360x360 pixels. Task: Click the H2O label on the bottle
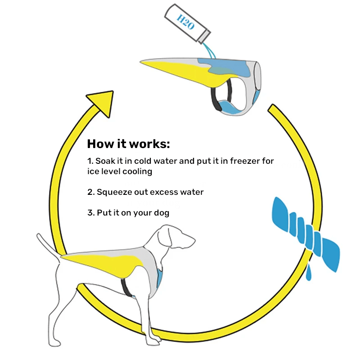[x=185, y=22]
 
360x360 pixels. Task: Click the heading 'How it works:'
[x=129, y=144]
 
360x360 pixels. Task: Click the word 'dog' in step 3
[x=161, y=212]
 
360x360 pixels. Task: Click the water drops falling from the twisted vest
[x=309, y=272]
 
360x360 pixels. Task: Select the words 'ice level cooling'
[x=120, y=171]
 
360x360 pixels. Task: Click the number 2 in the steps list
[x=90, y=192]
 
